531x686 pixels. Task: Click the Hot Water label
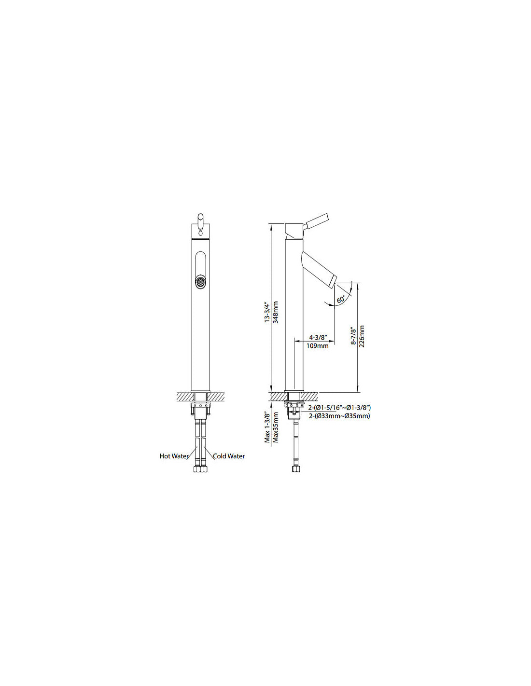(174, 456)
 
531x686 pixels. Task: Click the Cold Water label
(229, 456)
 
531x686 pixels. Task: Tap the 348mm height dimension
(276, 312)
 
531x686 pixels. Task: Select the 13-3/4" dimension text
(267, 312)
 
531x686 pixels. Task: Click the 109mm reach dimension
(317, 346)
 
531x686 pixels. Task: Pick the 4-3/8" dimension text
(318, 337)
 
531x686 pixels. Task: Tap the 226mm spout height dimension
(362, 336)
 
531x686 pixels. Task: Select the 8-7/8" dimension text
(353, 337)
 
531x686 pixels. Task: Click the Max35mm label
(276, 427)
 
